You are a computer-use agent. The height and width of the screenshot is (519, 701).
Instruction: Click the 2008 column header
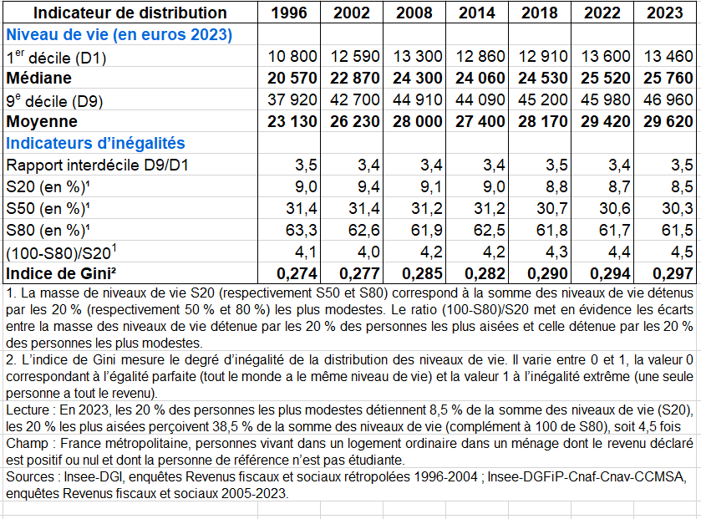415,13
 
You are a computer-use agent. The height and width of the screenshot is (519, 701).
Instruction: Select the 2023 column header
668,13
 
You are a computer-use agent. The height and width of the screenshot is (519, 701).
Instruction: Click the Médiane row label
39,78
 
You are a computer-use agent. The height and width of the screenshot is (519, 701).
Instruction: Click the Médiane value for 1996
292,78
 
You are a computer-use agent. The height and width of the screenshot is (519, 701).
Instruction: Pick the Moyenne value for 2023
668,121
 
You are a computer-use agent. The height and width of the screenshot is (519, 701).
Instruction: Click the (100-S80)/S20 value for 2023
681,251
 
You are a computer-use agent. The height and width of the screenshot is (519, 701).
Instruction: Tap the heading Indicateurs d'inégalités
95,143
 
